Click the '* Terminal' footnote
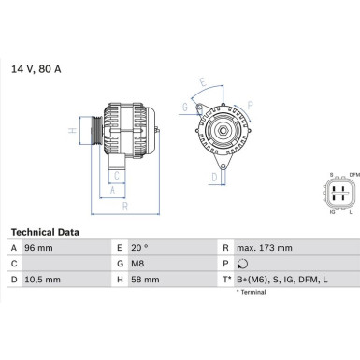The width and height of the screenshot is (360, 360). coord(252,293)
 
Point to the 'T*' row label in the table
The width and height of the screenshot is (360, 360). coord(226,280)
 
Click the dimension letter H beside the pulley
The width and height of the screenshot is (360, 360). coord(73,131)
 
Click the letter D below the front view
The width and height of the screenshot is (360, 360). coord(213,176)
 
